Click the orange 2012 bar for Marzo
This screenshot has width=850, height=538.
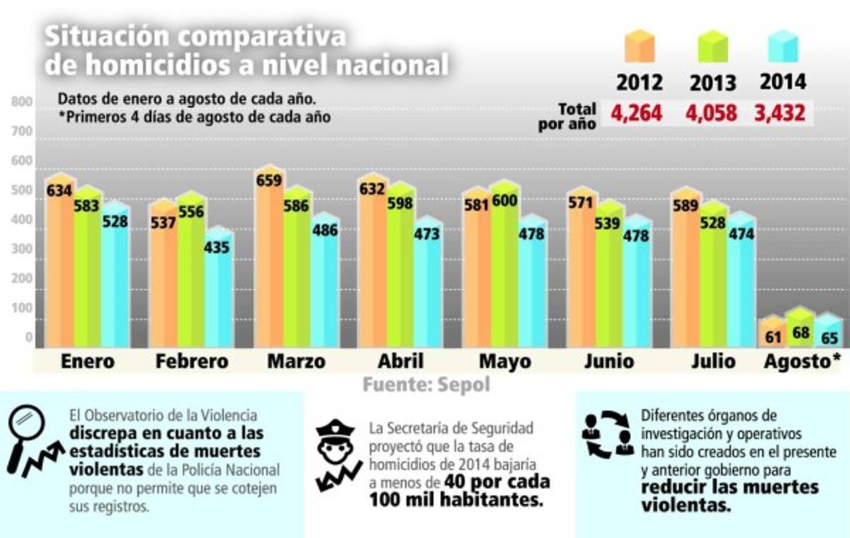pyautogui.click(x=268, y=262)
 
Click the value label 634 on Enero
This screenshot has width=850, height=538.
pyautogui.click(x=59, y=190)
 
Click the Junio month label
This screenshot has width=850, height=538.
pyautogui.click(x=610, y=362)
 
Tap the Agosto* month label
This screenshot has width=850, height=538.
pyautogui.click(x=802, y=362)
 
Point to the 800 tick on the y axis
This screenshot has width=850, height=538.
pyautogui.click(x=22, y=103)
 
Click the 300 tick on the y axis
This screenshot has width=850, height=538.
pyautogui.click(x=22, y=249)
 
